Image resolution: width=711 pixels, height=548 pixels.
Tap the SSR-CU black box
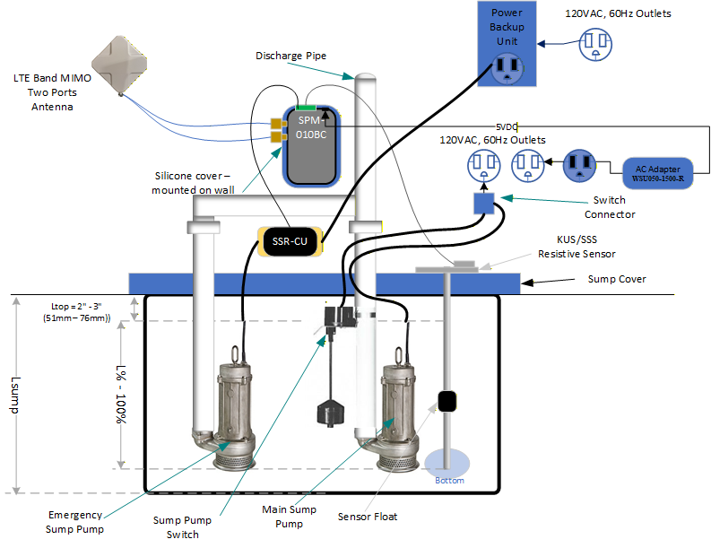[x=289, y=241]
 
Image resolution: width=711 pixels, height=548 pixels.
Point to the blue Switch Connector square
[x=485, y=204]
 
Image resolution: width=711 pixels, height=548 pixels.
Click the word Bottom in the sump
[x=449, y=481]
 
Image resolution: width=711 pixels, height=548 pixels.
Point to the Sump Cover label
[x=617, y=279]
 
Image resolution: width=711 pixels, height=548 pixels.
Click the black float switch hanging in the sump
[x=329, y=412]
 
